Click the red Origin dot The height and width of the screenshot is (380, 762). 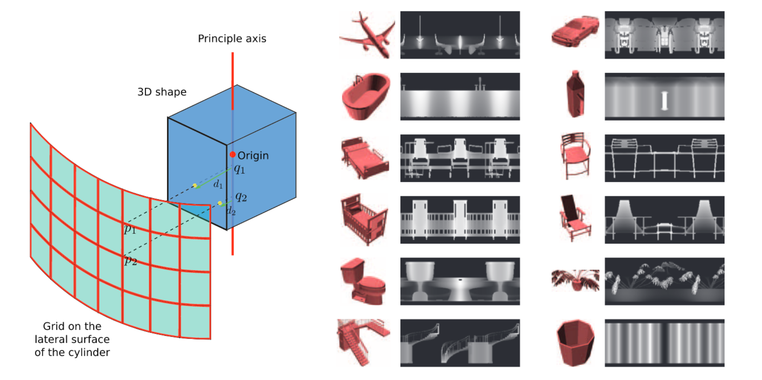[233, 155]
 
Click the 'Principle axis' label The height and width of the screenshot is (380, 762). [232, 39]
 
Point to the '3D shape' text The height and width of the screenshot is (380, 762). [162, 92]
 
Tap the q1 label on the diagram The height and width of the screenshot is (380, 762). [240, 169]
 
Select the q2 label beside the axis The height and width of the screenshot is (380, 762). [241, 197]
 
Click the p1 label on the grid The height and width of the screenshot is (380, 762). [130, 229]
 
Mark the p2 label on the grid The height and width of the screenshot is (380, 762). [130, 261]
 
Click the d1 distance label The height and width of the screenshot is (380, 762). [218, 184]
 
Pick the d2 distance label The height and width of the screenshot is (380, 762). [231, 211]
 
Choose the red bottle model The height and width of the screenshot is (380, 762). [575, 94]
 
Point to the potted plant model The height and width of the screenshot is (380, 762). [575, 280]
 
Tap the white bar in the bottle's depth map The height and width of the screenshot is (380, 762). [664, 101]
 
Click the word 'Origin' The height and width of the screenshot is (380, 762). [253, 156]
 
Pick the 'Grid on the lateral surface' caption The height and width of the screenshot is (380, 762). [72, 339]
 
